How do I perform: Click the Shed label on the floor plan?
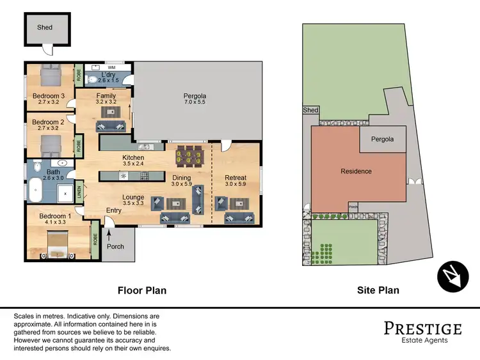coord(44,27)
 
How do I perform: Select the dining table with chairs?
coord(189,155)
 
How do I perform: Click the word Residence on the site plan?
coord(356,171)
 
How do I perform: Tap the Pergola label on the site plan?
coord(382,139)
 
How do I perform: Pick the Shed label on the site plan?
coord(310,111)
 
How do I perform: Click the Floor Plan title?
coord(142,290)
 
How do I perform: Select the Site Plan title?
coord(378,290)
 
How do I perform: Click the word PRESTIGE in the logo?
coord(422,329)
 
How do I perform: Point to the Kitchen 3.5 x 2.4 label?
coord(133,160)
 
